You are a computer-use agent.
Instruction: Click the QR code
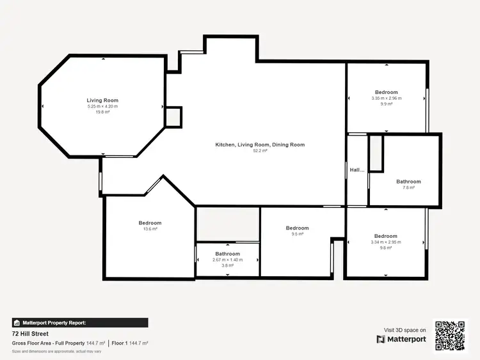pyautogui.click(x=451, y=334)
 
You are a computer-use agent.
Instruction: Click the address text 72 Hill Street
pyautogui.click(x=30, y=334)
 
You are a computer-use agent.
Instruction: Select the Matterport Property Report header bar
pyautogui.click(x=80, y=323)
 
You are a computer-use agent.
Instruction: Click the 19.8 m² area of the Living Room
pyautogui.click(x=102, y=112)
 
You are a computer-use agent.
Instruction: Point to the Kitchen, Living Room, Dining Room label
pyautogui.click(x=260, y=145)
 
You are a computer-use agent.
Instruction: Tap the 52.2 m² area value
pyautogui.click(x=260, y=151)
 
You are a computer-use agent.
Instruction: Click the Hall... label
pyautogui.click(x=356, y=170)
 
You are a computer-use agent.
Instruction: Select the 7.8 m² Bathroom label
pyautogui.click(x=408, y=182)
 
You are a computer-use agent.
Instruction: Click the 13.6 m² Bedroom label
pyautogui.click(x=150, y=223)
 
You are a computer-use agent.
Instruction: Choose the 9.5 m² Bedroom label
pyautogui.click(x=297, y=228)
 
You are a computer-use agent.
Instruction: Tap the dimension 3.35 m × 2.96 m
pyautogui.click(x=387, y=98)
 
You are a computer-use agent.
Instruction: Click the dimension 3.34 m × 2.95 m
pyautogui.click(x=386, y=242)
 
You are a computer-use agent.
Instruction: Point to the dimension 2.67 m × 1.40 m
pyautogui.click(x=227, y=260)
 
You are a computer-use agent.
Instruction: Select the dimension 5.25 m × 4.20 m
pyautogui.click(x=102, y=106)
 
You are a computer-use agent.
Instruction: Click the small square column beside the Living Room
pyautogui.click(x=173, y=116)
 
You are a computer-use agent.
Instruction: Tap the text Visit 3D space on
pyautogui.click(x=401, y=330)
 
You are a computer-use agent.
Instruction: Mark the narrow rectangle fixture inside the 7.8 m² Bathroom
pyautogui.click(x=376, y=153)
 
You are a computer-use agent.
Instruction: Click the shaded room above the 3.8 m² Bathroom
pyautogui.click(x=227, y=224)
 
